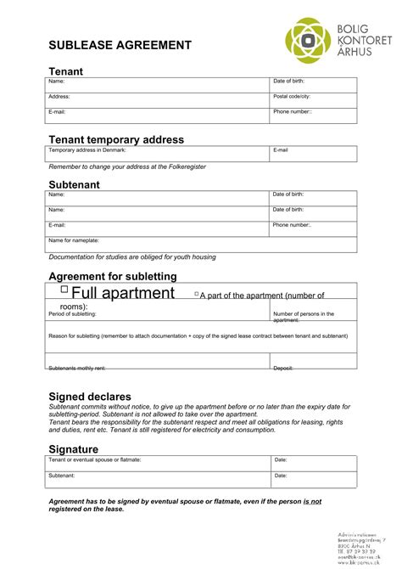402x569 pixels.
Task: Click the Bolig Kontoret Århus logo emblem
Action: click(308, 42)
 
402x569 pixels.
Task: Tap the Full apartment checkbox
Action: click(64, 290)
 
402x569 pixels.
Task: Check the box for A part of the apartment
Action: click(197, 294)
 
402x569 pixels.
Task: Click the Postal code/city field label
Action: click(292, 97)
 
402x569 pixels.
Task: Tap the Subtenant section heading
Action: click(75, 184)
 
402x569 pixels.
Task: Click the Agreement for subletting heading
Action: click(113, 276)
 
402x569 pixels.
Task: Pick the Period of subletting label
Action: click(72, 314)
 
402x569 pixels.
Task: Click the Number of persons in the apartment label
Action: click(303, 317)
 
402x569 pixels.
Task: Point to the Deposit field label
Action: click(283, 368)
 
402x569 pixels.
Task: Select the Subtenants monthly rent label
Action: click(77, 368)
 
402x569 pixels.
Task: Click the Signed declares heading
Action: click(90, 397)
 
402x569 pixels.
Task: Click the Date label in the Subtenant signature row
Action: click(281, 476)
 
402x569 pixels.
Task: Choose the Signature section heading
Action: click(74, 448)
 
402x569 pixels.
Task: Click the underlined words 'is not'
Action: click(312, 502)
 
